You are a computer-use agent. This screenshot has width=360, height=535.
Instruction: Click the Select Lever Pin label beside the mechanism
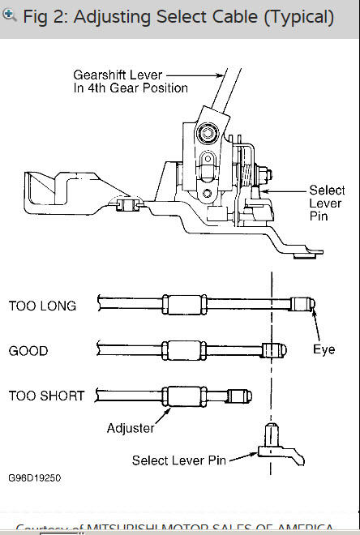(327, 203)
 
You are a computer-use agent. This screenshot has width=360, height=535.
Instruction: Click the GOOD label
(28, 351)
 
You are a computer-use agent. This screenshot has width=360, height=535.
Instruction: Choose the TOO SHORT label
(46, 396)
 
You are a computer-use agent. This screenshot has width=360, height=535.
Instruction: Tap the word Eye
(324, 350)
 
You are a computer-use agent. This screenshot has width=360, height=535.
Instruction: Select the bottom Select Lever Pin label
(179, 460)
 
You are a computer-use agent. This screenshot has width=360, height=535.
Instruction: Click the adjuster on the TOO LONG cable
(180, 305)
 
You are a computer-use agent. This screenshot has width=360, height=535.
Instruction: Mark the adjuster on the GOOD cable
(180, 350)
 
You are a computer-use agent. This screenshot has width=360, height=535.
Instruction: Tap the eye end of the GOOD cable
(273, 350)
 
